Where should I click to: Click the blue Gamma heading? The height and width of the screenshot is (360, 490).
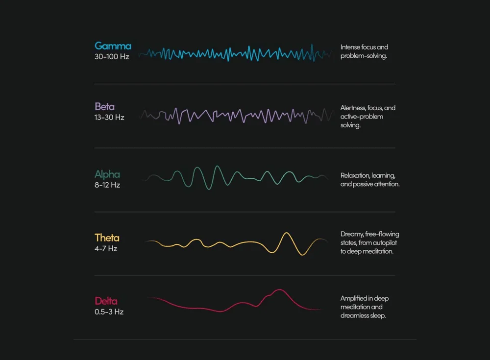[113, 46]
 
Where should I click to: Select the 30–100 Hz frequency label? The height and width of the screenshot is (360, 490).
[112, 57]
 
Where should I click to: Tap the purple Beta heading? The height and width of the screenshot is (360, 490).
[105, 107]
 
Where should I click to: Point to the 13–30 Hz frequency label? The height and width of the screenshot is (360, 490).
[109, 118]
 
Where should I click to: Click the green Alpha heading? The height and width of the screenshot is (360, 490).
[107, 174]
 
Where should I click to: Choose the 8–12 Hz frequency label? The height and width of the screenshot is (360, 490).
[107, 185]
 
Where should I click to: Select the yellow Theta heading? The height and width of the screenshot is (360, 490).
[107, 238]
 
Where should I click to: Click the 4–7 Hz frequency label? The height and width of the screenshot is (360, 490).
[106, 248]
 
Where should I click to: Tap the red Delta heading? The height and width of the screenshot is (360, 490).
[106, 301]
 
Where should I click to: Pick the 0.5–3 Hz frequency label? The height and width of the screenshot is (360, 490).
[109, 312]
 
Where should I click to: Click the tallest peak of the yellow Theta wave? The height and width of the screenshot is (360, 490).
[285, 234]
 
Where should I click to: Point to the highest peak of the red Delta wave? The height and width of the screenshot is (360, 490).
[279, 290]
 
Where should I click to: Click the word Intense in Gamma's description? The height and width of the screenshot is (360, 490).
[350, 48]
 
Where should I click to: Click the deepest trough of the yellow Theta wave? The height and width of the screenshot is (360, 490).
[304, 255]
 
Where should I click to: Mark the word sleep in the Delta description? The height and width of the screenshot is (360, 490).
[378, 316]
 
